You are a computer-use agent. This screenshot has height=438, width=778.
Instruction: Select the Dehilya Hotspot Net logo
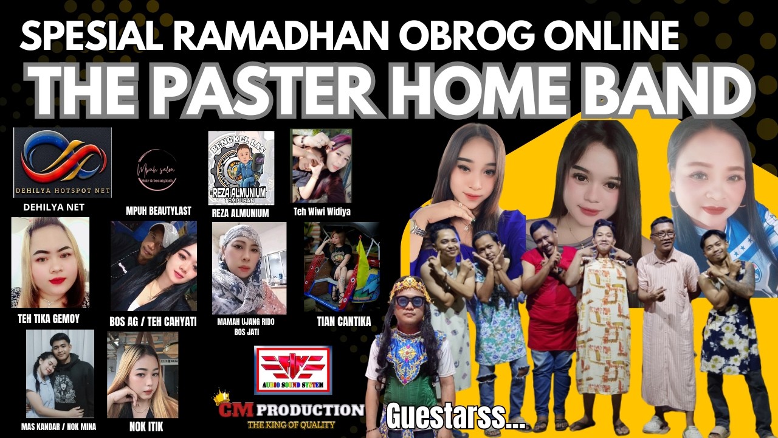[63, 162]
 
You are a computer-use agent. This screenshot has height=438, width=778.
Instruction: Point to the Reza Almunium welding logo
[241, 167]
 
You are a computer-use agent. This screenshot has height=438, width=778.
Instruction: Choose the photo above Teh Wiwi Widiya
[321, 165]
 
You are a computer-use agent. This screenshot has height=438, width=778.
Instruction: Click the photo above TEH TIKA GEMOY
[50, 262]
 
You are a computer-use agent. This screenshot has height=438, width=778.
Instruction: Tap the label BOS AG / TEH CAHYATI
[154, 321]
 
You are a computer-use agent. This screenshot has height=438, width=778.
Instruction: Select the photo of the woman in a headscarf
[249, 268]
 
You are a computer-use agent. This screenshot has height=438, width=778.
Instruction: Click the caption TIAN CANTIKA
[343, 321]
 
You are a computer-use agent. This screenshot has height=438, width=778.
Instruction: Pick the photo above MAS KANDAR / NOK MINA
[60, 373]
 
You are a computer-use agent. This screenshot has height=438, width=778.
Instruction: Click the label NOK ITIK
[146, 427]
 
